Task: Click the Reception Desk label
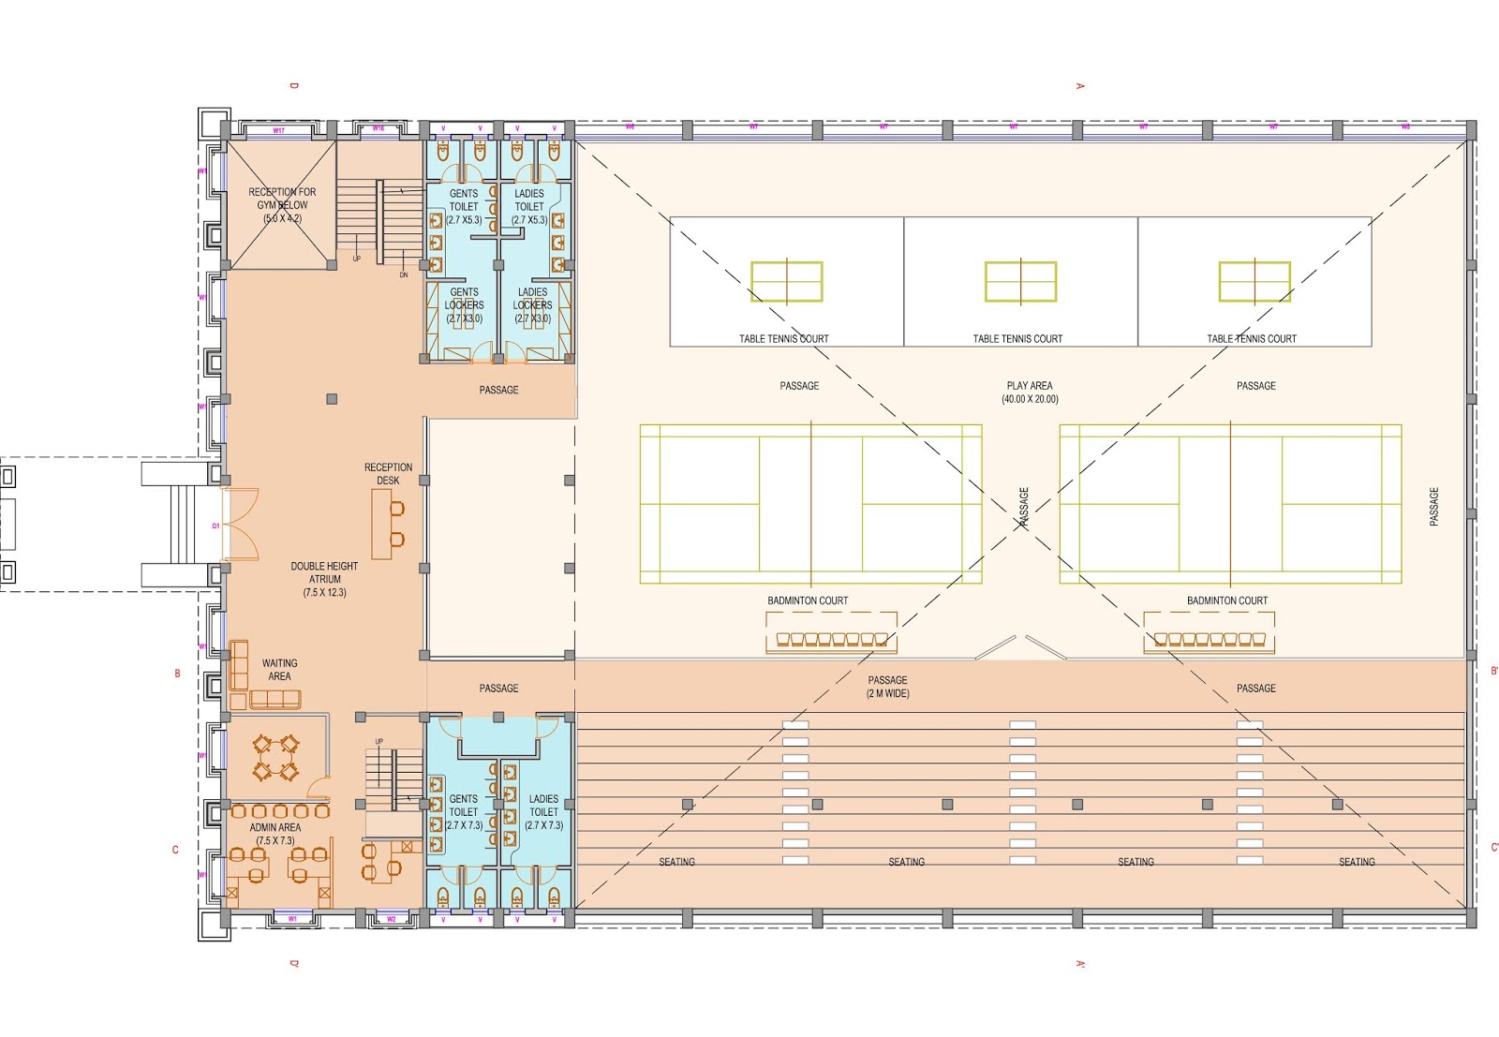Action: point(388,474)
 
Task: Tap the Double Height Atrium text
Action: point(324,579)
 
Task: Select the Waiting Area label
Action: point(279,669)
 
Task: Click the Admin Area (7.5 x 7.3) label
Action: point(275,834)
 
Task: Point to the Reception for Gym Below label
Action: point(282,204)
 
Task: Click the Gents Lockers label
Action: point(464,304)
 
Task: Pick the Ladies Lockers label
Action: point(532,304)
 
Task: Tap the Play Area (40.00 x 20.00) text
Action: point(1030,392)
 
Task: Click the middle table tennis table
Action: point(1020,281)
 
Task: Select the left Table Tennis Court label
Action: point(783,338)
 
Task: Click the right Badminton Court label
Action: point(1226,600)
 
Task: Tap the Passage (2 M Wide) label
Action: point(887,687)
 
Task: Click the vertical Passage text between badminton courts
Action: point(1023,508)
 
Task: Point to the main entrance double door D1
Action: point(240,525)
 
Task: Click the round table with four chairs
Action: point(275,758)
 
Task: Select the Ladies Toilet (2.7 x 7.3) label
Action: point(543,812)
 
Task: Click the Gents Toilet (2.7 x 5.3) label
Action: point(464,206)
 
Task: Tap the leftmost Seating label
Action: point(676,861)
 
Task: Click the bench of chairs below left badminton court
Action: point(831,640)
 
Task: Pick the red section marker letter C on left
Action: point(175,850)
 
